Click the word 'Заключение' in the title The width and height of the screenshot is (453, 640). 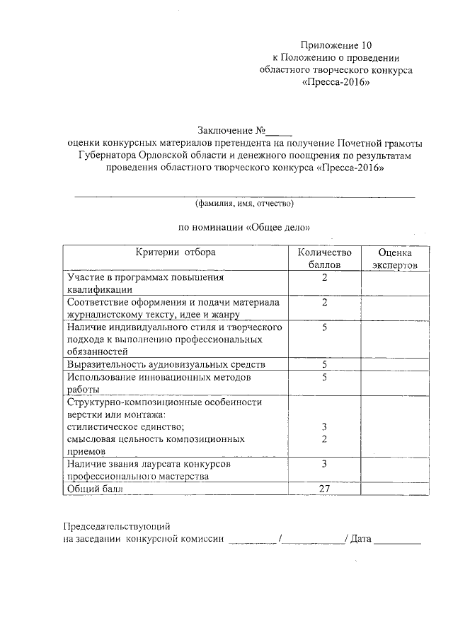(224, 130)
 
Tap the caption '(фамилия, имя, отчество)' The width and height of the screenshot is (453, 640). (244, 204)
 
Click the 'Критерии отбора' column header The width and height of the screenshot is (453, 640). (176, 252)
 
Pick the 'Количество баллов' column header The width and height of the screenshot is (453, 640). (324, 258)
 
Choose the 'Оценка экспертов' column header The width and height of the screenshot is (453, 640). (394, 258)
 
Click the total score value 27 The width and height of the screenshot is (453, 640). (324, 488)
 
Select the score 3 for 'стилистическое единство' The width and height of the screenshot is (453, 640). (324, 426)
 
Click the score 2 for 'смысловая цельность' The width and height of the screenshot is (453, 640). (324, 439)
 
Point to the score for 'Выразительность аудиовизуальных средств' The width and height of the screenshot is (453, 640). (324, 364)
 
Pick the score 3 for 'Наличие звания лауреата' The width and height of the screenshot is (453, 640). (324, 464)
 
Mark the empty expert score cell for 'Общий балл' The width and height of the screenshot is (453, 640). (394, 488)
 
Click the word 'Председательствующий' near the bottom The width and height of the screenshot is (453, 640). (117, 527)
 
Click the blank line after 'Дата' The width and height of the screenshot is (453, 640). (397, 541)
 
